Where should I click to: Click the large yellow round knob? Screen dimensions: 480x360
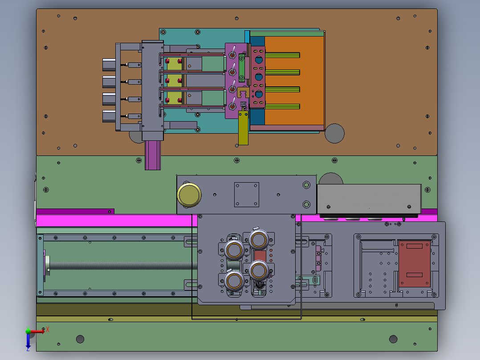pyautogui.click(x=189, y=195)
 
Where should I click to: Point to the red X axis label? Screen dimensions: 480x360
pyautogui.click(x=48, y=330)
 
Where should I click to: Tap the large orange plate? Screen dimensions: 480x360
pyautogui.click(x=294, y=81)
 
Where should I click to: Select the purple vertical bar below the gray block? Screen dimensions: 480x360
pyautogui.click(x=153, y=155)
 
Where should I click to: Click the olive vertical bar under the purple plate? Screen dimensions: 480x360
pyautogui.click(x=244, y=128)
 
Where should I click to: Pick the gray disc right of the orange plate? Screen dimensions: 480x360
pyautogui.click(x=334, y=133)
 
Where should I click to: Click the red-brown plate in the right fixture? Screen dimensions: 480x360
pyautogui.click(x=415, y=264)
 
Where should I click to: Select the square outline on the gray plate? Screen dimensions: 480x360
pyautogui.click(x=246, y=195)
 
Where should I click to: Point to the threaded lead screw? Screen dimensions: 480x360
pyautogui.click(x=122, y=266)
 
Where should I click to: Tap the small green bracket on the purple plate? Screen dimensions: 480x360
pyautogui.click(x=242, y=68)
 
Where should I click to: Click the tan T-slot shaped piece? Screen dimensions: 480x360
pyautogui.click(x=243, y=92)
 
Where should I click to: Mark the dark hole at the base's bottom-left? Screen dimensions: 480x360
pyautogui.click(x=80, y=339)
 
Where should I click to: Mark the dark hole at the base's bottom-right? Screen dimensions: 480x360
pyautogui.click(x=393, y=339)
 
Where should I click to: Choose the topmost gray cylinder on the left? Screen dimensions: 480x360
pyautogui.click(x=109, y=65)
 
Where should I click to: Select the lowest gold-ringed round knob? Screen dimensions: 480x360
pyautogui.click(x=234, y=281)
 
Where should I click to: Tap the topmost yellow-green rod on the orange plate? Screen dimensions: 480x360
pyautogui.click(x=283, y=55)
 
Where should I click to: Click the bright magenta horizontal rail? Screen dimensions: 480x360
pyautogui.click(x=116, y=221)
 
